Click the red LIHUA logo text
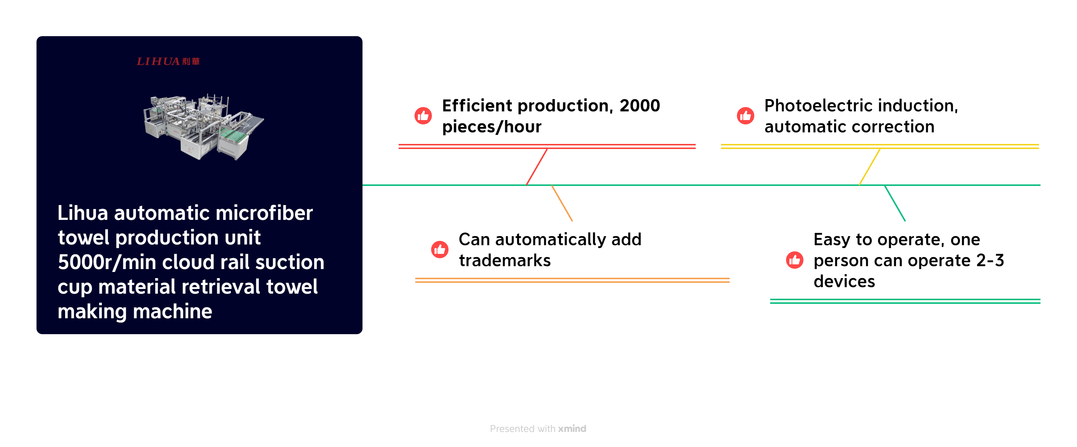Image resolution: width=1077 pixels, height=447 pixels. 168,61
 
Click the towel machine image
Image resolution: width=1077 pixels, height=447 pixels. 203,127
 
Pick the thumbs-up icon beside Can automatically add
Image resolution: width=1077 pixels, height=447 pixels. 440,250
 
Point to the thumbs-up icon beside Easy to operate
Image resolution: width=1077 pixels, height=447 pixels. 795,260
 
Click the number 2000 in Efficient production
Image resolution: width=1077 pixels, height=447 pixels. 640,106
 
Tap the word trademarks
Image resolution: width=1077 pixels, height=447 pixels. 505,260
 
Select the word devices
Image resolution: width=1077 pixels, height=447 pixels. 844,281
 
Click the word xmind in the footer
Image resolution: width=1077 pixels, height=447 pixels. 572,429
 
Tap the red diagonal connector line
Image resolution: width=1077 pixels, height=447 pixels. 536,167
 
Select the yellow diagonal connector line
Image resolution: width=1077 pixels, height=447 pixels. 870,167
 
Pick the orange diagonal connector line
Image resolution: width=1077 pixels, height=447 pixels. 562,203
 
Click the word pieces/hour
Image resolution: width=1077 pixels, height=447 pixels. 492,127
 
